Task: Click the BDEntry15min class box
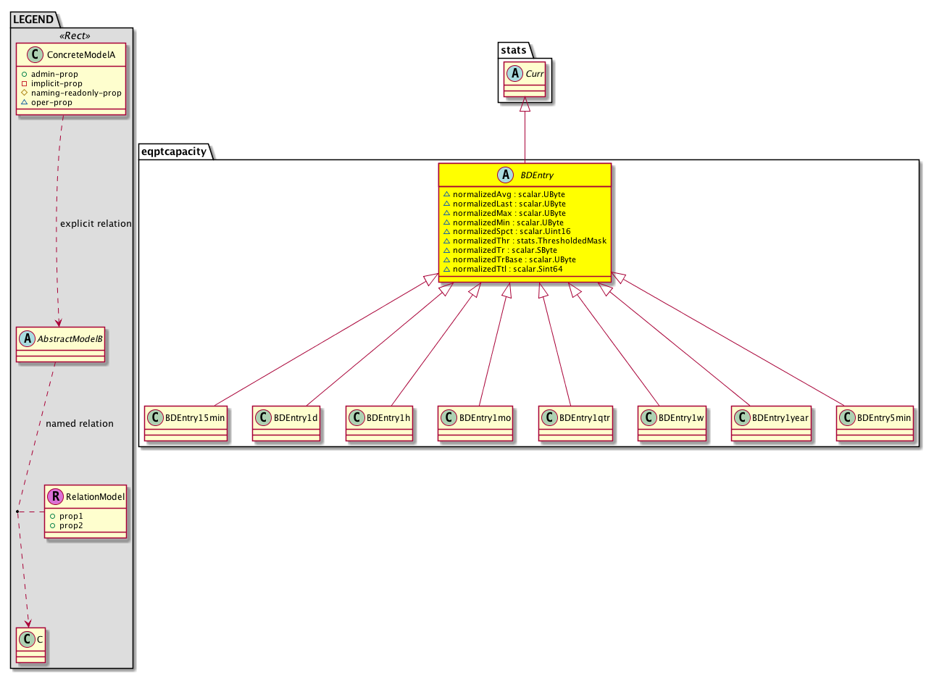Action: pyautogui.click(x=186, y=424)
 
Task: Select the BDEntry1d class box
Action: pyautogui.click(x=287, y=424)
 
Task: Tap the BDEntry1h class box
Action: pyautogui.click(x=380, y=424)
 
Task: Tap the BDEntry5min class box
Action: pyautogui.click(x=875, y=424)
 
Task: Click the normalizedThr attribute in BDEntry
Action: pyautogui.click(x=525, y=241)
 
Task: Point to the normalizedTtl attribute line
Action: pyautogui.click(x=504, y=270)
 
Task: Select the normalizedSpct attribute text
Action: pyautogui.click(x=507, y=231)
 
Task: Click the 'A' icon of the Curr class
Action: pyautogui.click(x=516, y=73)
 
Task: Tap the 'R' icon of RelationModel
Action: pyautogui.click(x=56, y=497)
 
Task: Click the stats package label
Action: pyautogui.click(x=514, y=50)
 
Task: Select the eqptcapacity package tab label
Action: pyautogui.click(x=175, y=151)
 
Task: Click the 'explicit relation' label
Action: pyautogui.click(x=96, y=224)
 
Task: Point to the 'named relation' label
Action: pyautogui.click(x=80, y=424)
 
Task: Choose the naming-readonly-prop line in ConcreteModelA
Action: pyautogui.click(x=72, y=93)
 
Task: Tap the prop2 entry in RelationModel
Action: pyautogui.click(x=67, y=526)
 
